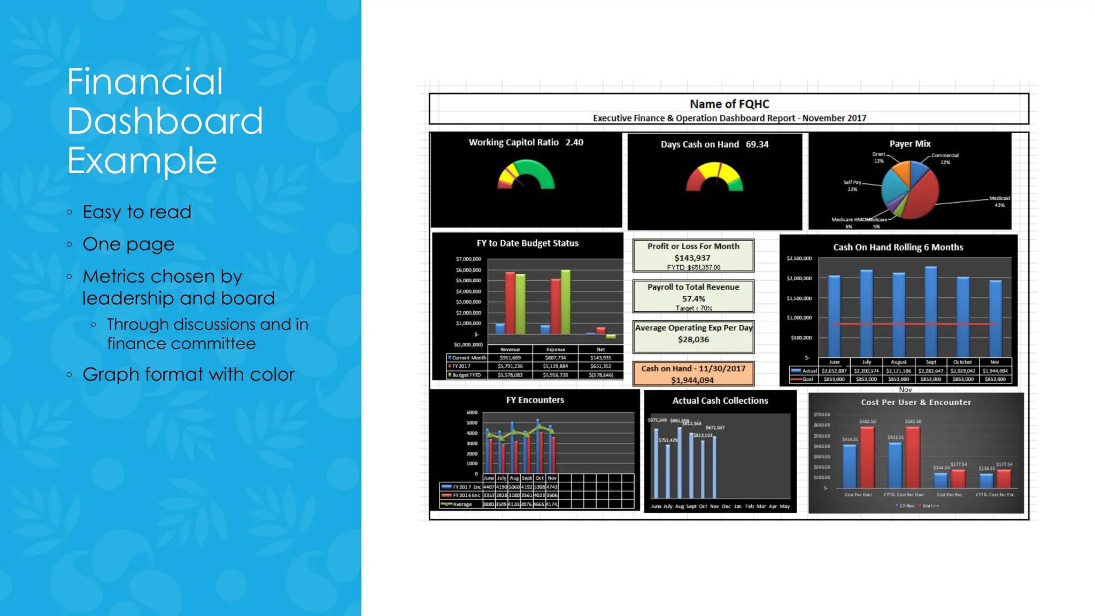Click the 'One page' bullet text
point(128,244)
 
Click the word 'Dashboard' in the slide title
point(165,121)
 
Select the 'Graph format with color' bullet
point(188,374)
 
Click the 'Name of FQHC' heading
point(729,104)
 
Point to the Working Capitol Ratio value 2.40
point(574,142)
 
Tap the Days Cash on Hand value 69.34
point(757,144)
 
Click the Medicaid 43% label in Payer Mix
point(999,201)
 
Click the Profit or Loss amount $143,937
point(692,258)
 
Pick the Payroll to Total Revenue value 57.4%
point(693,298)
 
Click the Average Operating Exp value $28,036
point(693,340)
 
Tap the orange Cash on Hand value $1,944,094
point(692,380)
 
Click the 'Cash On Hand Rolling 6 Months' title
point(898,247)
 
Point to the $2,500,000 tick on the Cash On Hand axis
point(799,258)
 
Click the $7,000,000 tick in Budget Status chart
point(468,259)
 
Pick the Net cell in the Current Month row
point(600,358)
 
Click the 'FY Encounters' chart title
point(535,400)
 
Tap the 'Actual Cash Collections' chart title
point(720,401)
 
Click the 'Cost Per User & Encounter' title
point(915,402)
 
